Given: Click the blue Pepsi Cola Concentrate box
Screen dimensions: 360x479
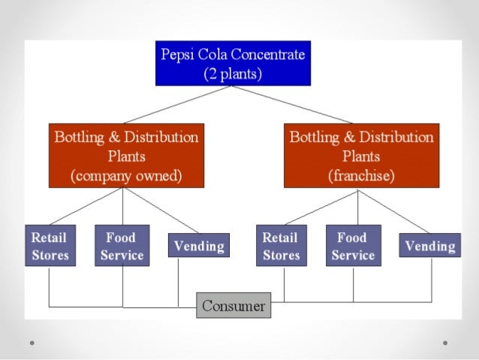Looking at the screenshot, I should click(x=233, y=63).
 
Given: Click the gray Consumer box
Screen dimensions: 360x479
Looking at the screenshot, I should click(x=233, y=306).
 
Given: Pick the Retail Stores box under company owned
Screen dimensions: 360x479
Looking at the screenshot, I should click(x=50, y=246).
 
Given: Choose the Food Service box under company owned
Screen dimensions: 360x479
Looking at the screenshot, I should click(x=122, y=246).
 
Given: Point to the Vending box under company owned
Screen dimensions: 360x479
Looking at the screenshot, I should click(x=198, y=246).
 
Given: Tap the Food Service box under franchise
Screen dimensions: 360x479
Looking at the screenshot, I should click(x=353, y=246).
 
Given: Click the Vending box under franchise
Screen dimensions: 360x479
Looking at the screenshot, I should click(x=430, y=246).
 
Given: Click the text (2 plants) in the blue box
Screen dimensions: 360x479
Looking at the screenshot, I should click(x=233, y=74).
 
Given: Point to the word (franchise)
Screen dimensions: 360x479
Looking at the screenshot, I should click(x=361, y=177).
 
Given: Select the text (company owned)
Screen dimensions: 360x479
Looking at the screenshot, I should click(x=125, y=177).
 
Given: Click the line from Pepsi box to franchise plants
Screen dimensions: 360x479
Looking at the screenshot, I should click(x=293, y=104).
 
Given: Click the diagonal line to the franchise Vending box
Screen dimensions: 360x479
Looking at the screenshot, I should click(x=394, y=210).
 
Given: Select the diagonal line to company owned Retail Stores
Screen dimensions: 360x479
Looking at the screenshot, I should click(x=86, y=207).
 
